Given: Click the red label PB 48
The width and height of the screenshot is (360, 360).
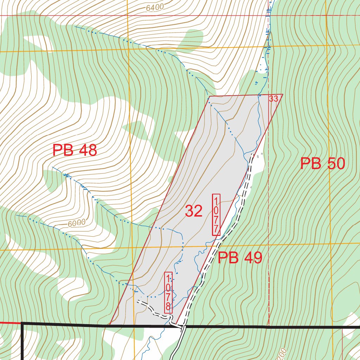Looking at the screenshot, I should point(75,150).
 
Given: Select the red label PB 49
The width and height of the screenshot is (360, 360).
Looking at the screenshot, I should point(240,258).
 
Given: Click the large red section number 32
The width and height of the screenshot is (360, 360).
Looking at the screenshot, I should point(194,211).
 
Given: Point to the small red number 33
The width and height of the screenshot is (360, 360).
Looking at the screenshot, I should point(274,99).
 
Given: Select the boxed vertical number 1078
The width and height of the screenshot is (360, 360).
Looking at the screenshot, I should point(168,292).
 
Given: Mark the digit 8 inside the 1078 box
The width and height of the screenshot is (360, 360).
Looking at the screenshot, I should point(168,306).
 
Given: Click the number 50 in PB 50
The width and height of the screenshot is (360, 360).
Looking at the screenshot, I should point(334,164).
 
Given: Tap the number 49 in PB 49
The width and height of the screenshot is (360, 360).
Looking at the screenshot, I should point(251,258).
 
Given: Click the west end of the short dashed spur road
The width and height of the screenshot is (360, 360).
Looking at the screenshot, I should point(138,301).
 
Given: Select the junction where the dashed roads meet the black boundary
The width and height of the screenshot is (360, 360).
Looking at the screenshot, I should point(182,327).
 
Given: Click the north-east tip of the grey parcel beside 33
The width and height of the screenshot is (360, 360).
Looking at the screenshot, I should point(283,94).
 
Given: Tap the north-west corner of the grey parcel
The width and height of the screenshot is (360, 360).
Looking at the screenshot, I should point(210,96).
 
